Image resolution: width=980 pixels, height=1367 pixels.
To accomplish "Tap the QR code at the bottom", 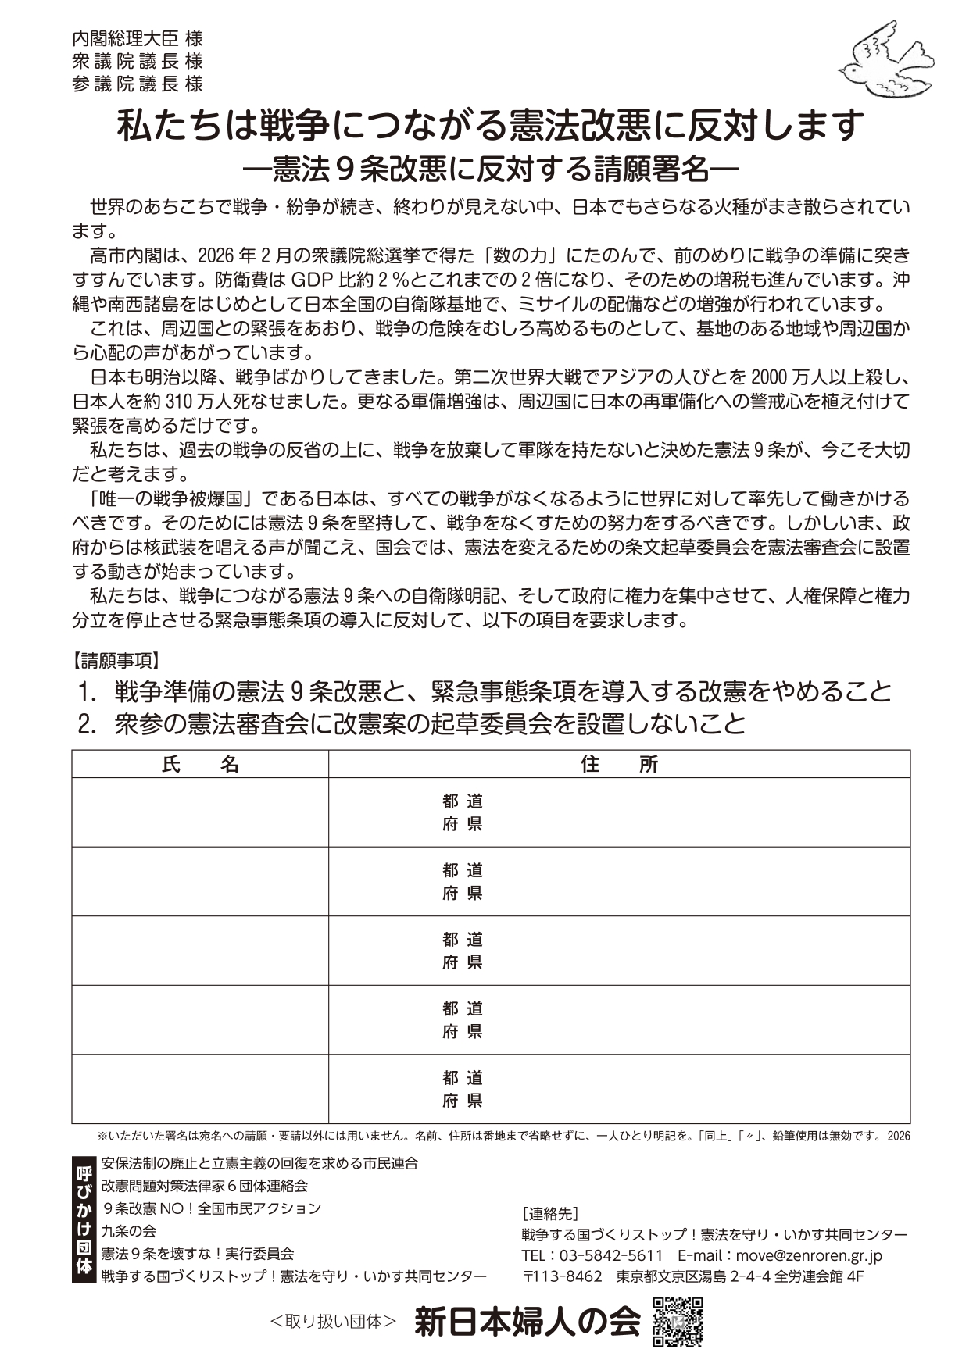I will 678,1322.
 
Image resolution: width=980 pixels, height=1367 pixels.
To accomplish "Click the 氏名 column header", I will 200,764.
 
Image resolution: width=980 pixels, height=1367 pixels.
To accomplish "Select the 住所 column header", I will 619,764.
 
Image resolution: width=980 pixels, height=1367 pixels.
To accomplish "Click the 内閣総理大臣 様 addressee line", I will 138,37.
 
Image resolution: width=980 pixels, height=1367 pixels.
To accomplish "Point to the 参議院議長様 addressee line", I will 138,84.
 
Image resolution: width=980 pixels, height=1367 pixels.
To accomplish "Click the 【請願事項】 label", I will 116,661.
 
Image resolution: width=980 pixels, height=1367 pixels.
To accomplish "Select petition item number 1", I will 485,691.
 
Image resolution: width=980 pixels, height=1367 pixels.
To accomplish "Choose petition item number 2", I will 412,724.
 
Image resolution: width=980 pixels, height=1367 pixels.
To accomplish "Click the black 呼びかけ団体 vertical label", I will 83,1219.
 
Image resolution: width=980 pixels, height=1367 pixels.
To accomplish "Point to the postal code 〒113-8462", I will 562,1276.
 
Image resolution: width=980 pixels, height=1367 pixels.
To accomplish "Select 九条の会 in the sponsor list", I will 129,1231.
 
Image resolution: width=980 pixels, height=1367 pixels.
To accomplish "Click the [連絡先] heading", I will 549,1213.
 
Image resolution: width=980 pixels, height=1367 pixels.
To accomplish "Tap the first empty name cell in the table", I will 200,812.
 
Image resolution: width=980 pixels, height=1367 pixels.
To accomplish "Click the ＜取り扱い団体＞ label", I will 333,1322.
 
